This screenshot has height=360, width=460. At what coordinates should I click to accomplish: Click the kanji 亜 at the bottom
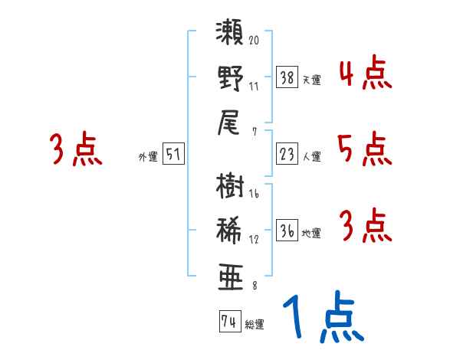[x=229, y=273]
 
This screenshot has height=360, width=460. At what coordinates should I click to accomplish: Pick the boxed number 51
[x=173, y=154]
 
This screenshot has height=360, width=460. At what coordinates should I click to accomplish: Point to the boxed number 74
[x=229, y=322]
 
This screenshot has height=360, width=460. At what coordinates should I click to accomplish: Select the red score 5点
[x=363, y=149]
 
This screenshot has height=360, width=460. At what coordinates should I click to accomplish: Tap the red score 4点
[x=363, y=74]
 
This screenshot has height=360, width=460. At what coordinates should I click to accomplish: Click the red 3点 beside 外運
[x=76, y=149]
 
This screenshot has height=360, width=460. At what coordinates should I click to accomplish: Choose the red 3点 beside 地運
[x=363, y=226]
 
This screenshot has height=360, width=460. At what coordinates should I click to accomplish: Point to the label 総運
[x=255, y=325]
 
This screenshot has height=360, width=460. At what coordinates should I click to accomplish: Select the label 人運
[x=312, y=157]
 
